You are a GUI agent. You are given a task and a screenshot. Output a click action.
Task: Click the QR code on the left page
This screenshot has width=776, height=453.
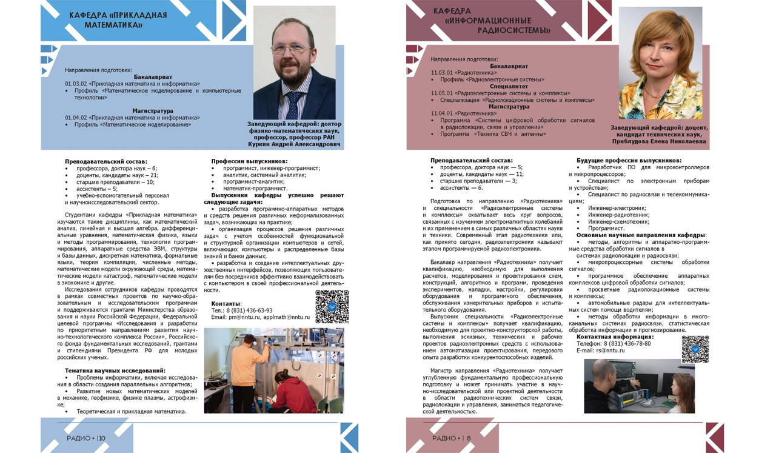(x=332, y=306)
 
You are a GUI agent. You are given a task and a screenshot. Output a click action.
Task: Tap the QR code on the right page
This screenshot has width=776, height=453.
(x=695, y=349)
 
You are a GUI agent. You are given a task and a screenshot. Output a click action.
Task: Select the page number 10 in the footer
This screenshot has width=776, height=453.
(x=101, y=438)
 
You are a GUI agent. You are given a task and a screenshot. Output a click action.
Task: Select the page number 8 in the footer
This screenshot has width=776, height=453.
(x=469, y=438)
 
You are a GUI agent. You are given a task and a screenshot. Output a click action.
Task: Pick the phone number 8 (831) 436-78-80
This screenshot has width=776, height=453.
(x=624, y=343)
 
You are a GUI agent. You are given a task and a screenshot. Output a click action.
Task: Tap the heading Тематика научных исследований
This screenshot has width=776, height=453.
(x=115, y=371)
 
